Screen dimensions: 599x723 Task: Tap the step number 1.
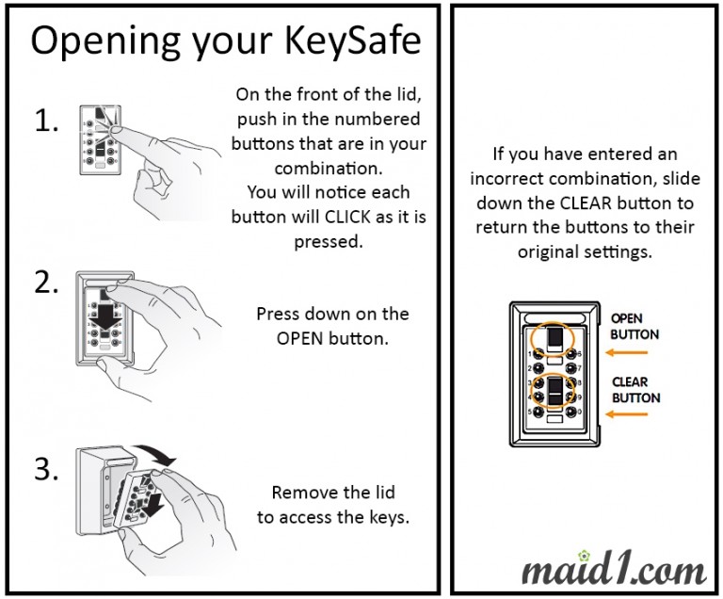coord(47,121)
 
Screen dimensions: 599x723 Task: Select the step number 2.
coord(47,283)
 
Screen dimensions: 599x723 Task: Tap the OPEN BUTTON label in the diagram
coord(635,327)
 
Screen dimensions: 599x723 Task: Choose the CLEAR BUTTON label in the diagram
coord(635,390)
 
